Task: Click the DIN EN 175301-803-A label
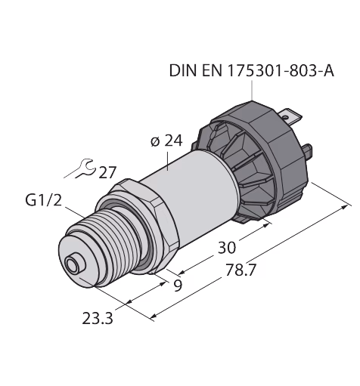pos(251,70)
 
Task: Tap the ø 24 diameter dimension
pos(166,141)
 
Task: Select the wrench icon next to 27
pos(80,168)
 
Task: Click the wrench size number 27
pos(107,172)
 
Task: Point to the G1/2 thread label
pos(43,201)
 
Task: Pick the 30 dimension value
pos(227,247)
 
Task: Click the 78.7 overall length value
pos(241,270)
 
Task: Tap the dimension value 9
pos(178,285)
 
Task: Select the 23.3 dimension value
pos(98,319)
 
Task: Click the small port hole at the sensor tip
pos(72,266)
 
